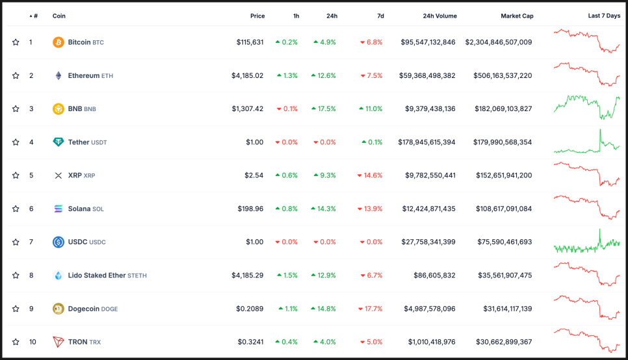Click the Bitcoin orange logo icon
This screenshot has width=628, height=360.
pyautogui.click(x=59, y=42)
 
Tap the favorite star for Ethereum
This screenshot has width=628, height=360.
pyautogui.click(x=16, y=75)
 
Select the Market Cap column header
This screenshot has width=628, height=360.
pyautogui.click(x=517, y=16)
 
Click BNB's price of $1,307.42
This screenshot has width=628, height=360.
pyautogui.click(x=248, y=109)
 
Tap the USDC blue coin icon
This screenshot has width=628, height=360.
pyautogui.click(x=59, y=242)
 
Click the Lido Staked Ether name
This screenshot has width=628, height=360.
pyautogui.click(x=97, y=276)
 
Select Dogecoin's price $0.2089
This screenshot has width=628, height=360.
pyautogui.click(x=250, y=309)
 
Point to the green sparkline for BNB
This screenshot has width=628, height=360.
pyautogui.click(x=586, y=107)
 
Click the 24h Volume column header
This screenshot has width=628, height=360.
pyautogui.click(x=439, y=16)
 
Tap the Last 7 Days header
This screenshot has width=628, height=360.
pyautogui.click(x=604, y=16)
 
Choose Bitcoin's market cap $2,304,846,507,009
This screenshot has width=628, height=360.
pyautogui.click(x=499, y=42)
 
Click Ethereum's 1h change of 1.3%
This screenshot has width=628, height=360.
pyautogui.click(x=286, y=75)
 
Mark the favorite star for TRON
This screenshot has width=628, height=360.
pyautogui.click(x=16, y=342)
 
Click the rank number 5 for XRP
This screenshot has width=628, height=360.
pyautogui.click(x=31, y=175)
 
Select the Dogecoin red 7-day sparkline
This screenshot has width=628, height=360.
pyautogui.click(x=586, y=307)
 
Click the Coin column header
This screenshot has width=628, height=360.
pyautogui.click(x=59, y=16)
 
